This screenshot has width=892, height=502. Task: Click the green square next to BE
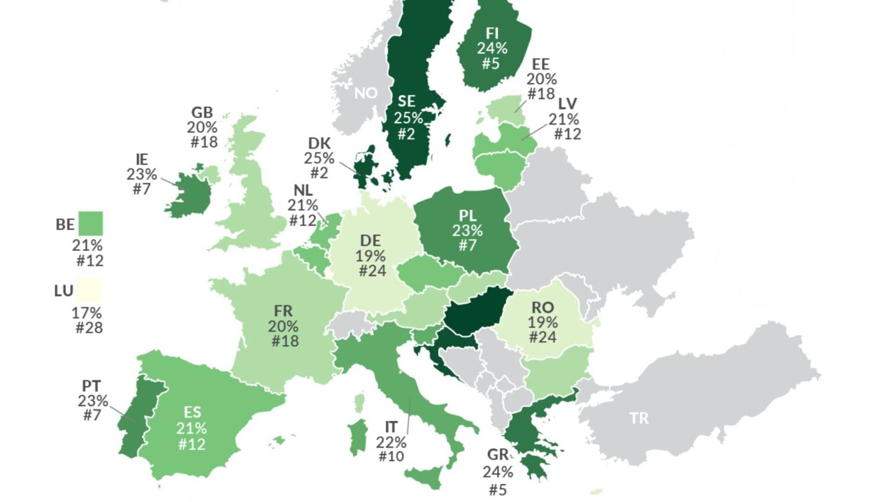tap(90, 224)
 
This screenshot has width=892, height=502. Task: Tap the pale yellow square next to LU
tap(89, 290)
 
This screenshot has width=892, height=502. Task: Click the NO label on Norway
tap(366, 93)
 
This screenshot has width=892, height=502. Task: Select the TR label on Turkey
tap(639, 418)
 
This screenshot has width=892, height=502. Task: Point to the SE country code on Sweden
tap(407, 102)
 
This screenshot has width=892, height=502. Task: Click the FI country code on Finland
tap(492, 33)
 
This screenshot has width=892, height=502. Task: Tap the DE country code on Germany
tap(371, 241)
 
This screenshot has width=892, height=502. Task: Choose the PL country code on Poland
tap(467, 216)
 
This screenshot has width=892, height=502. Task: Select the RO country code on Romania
tap(543, 307)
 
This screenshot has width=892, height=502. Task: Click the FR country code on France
tap(283, 311)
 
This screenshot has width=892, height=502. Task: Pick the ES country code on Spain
tap(192, 413)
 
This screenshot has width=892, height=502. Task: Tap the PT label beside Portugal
tap(91, 386)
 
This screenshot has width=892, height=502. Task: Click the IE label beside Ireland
tap(142, 159)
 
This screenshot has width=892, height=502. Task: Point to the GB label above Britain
tap(202, 112)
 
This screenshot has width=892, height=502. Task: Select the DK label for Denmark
tap(319, 143)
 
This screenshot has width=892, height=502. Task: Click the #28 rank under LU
tap(89, 328)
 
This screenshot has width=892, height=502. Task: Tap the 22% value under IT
tap(391, 442)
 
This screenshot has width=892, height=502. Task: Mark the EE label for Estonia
tap(541, 64)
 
